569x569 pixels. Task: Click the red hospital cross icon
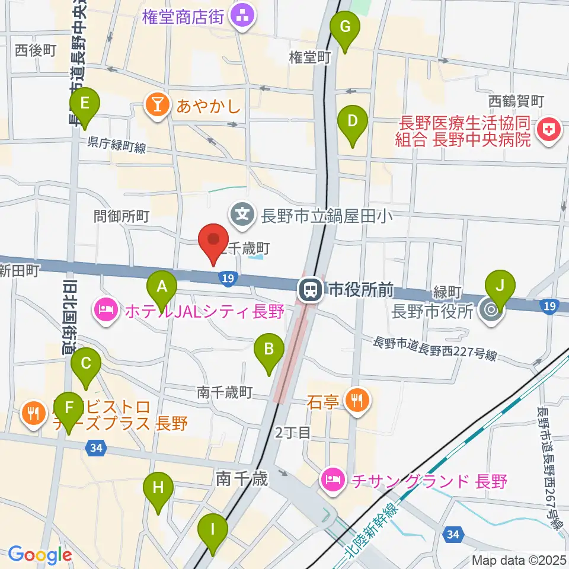[548, 131]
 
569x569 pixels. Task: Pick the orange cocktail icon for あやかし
[158, 107]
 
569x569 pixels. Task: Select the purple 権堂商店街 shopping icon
[241, 16]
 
